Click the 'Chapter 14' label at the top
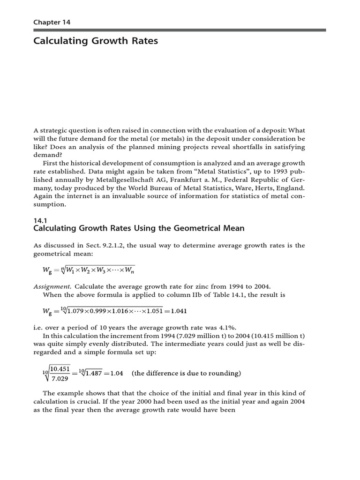pyautogui.click(x=52, y=22)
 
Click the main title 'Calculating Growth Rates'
pyautogui.click(x=96, y=41)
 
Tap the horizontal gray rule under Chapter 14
pyautogui.click(x=180, y=30)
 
